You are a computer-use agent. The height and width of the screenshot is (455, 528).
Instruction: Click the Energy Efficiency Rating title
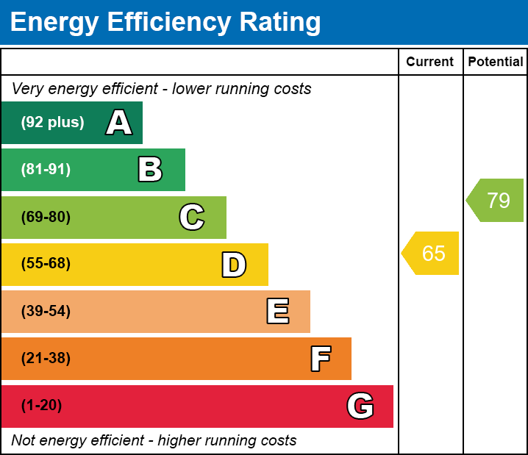pyautogui.click(x=165, y=23)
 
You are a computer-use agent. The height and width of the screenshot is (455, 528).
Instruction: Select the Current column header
pyautogui.click(x=430, y=62)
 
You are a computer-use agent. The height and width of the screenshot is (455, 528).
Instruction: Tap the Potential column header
pyautogui.click(x=496, y=62)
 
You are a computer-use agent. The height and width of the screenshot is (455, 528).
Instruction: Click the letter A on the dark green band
pyautogui.click(x=119, y=123)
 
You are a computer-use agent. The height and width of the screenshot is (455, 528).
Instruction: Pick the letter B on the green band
pyautogui.click(x=150, y=170)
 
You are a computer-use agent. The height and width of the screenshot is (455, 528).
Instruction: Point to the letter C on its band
pyautogui.click(x=192, y=218)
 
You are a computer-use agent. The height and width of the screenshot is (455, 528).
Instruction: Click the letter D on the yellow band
pyautogui.click(x=234, y=265)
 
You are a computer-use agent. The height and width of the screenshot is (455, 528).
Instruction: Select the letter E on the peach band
pyautogui.click(x=277, y=312)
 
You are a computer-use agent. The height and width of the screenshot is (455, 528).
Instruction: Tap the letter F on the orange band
pyautogui.click(x=320, y=359)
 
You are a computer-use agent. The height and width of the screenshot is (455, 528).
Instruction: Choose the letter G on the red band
pyautogui.click(x=360, y=406)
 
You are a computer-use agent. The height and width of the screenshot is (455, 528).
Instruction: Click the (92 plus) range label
pyautogui.click(x=52, y=123)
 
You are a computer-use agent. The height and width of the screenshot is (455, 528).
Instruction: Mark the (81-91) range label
pyautogui.click(x=46, y=170)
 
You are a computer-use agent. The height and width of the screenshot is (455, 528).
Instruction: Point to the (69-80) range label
pyautogui.click(x=46, y=218)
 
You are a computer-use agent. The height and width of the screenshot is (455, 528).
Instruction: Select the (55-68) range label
pyautogui.click(x=46, y=264)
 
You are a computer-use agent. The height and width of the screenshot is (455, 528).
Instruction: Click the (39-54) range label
pyautogui.click(x=46, y=312)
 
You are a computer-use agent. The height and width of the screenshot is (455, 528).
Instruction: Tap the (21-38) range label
pyautogui.click(x=46, y=359)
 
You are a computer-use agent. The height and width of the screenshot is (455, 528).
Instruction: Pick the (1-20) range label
pyautogui.click(x=42, y=406)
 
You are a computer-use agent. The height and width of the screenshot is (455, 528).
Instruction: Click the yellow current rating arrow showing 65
pyautogui.click(x=432, y=254)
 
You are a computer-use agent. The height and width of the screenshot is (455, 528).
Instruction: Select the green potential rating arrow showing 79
pyautogui.click(x=496, y=200)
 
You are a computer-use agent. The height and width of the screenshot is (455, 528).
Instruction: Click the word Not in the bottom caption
pyautogui.click(x=24, y=441)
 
